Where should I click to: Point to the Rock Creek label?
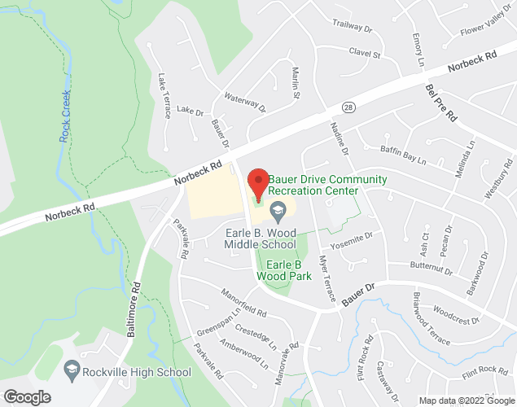[68, 118]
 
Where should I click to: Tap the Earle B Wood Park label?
[284, 270]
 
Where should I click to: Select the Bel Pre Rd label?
[440, 103]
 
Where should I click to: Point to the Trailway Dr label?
[353, 29]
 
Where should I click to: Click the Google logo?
[26, 397]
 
